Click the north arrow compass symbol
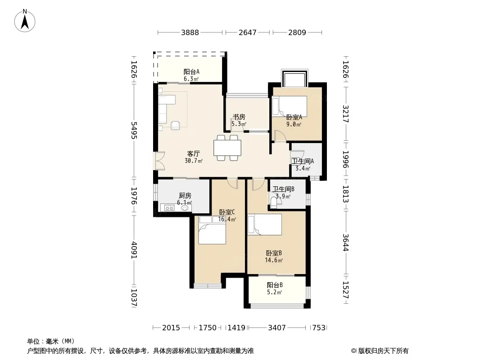tap(25, 21)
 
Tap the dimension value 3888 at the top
tap(190, 32)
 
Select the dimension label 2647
tap(247, 32)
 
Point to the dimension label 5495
tap(134, 130)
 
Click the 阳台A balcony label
tap(192, 72)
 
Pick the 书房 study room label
tap(239, 117)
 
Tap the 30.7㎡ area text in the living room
tap(194, 161)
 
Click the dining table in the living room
tap(227, 148)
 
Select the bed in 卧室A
tap(289, 106)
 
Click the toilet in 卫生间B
tap(274, 202)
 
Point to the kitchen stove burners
tap(169, 208)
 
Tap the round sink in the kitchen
tap(185, 208)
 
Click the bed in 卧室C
tap(212, 230)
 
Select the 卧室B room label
tap(274, 253)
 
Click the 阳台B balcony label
tap(275, 285)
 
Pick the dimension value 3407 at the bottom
tap(277, 328)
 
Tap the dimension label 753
tap(319, 328)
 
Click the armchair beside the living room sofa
tap(175, 125)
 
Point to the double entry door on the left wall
tap(159, 161)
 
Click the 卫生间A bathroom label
tap(303, 161)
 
